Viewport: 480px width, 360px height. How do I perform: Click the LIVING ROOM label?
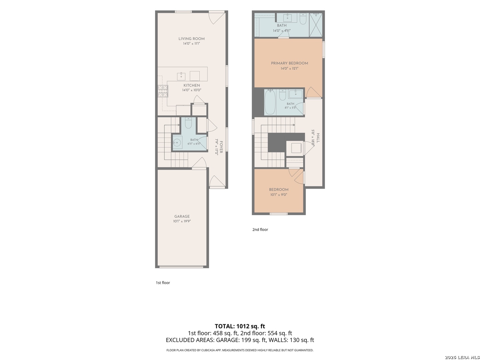[191, 39]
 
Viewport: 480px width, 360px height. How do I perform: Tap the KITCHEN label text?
[192, 85]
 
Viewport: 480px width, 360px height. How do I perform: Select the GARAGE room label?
[182, 216]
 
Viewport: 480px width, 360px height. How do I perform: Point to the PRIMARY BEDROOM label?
[290, 63]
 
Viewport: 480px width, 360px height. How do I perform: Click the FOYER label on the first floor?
[221, 147]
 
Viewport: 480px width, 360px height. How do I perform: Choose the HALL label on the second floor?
[318, 138]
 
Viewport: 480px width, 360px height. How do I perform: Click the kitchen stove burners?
[163, 91]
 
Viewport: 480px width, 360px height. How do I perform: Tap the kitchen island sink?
[181, 77]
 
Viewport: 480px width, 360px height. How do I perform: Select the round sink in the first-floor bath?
[177, 143]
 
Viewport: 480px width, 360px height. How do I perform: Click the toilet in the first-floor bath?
[188, 123]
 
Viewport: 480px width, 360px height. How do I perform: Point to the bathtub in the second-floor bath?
[270, 102]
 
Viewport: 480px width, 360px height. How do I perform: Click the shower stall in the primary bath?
[316, 25]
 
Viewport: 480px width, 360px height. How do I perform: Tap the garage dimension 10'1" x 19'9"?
[182, 221]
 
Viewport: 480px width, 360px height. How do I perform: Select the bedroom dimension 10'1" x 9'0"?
[279, 195]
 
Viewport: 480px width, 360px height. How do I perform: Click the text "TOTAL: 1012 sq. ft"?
[240, 326]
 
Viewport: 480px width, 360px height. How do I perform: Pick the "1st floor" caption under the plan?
[163, 283]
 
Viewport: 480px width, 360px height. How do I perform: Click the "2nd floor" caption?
[260, 230]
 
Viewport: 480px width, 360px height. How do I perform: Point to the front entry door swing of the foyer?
[217, 181]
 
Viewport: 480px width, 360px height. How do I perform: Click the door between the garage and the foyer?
[199, 163]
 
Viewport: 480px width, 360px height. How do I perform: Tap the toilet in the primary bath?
[303, 19]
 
